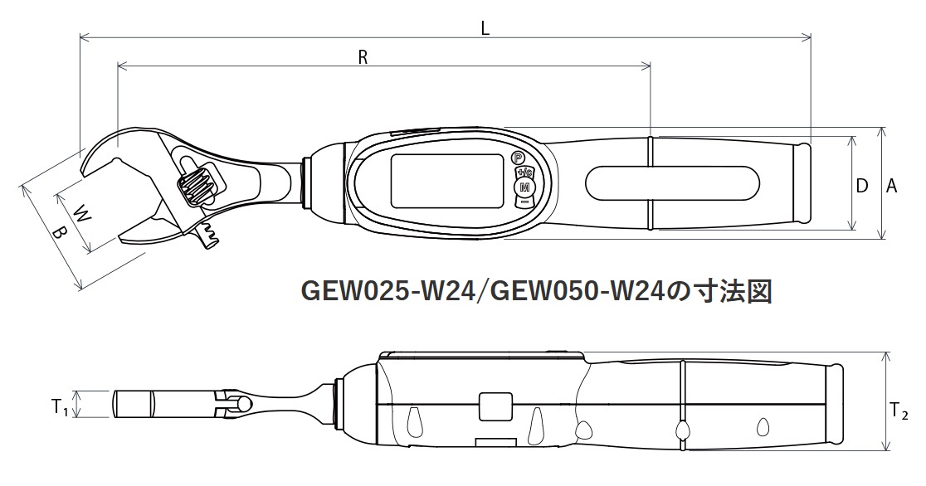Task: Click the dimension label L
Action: coord(485,28)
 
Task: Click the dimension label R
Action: coord(363,56)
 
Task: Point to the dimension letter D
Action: coord(861,186)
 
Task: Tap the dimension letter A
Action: coord(891,186)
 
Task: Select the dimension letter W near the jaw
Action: coord(83,212)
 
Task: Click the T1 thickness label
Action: coord(59,407)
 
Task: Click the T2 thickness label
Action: coord(899,411)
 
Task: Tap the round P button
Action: coord(518,158)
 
